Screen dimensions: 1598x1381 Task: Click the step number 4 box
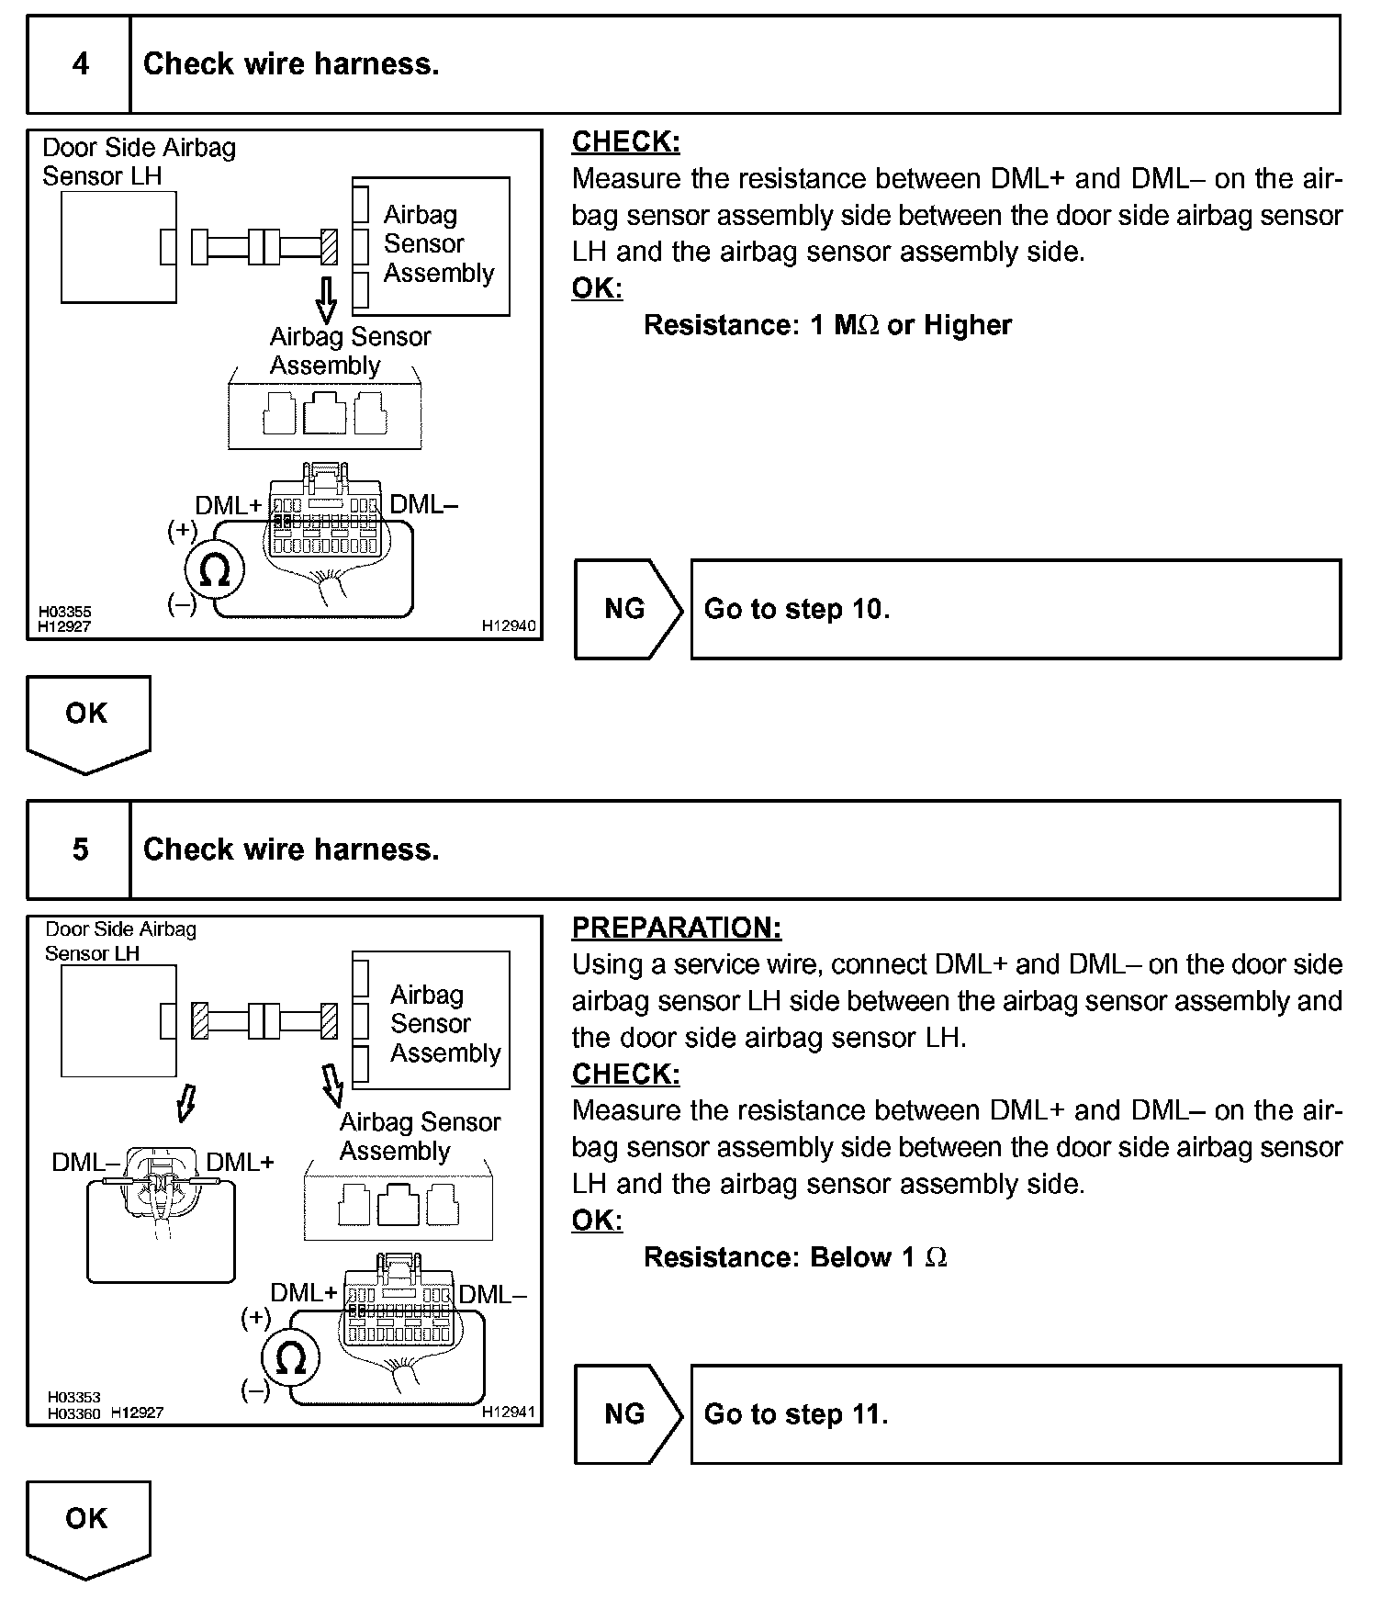(x=80, y=64)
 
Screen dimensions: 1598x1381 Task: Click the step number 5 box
(x=80, y=850)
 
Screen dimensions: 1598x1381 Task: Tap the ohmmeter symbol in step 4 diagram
(x=214, y=571)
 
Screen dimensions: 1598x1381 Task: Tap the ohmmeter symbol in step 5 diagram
(x=290, y=1358)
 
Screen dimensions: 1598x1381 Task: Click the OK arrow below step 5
(x=87, y=1526)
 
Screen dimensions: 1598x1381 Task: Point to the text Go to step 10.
(x=796, y=609)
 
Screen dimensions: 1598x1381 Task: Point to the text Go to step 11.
(x=796, y=1413)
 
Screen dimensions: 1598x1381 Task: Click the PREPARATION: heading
(x=676, y=928)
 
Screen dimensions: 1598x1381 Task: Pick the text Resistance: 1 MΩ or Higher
(x=827, y=325)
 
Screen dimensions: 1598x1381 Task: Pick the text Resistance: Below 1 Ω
(x=795, y=1257)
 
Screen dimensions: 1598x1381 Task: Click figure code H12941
(x=508, y=1412)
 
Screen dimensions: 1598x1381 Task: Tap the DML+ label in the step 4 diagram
(x=228, y=505)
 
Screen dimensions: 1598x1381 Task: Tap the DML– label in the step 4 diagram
(x=423, y=504)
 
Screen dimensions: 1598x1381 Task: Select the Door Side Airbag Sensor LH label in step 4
(x=139, y=162)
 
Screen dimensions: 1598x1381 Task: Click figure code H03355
(x=64, y=611)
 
